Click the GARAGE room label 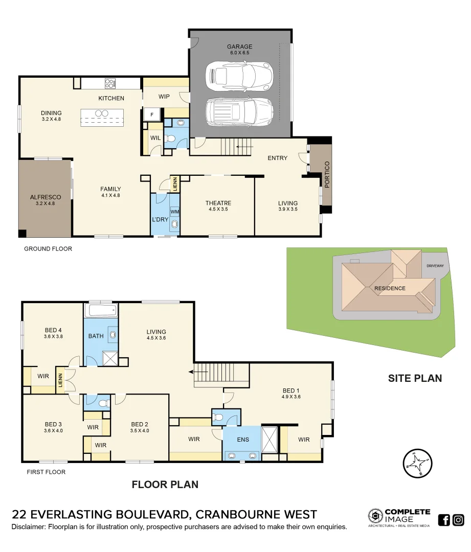click(240, 47)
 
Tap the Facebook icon click(444, 520)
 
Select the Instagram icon click(458, 520)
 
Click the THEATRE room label click(218, 203)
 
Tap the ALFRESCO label click(46, 197)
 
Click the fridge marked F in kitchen click(152, 114)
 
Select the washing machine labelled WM click(175, 212)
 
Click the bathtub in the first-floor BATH click(101, 310)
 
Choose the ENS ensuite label click(243, 439)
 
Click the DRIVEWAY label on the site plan click(436, 266)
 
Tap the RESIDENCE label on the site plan click(390, 288)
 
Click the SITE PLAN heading click(415, 378)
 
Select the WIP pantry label click(164, 96)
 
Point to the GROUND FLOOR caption click(48, 249)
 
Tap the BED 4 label click(53, 330)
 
